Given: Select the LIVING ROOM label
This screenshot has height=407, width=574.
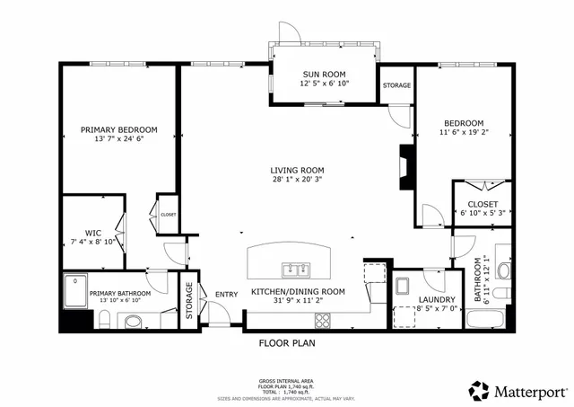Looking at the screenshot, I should tap(298, 170).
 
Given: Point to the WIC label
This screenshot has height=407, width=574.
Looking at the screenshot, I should tap(91, 233).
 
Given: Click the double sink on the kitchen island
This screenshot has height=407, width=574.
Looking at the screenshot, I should tap(294, 269).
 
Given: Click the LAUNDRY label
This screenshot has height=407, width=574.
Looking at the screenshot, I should tap(437, 300).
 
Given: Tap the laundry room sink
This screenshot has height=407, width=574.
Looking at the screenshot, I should tap(403, 288).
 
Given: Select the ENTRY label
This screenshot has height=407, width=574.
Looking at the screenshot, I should tap(226, 294).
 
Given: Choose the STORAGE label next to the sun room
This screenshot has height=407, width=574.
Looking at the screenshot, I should tap(396, 85).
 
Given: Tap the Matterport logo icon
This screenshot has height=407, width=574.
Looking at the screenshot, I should tap(478, 391).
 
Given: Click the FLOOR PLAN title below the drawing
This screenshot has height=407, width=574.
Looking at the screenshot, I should tap(286, 342).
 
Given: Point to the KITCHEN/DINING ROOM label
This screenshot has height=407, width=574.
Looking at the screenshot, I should tap(298, 292).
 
